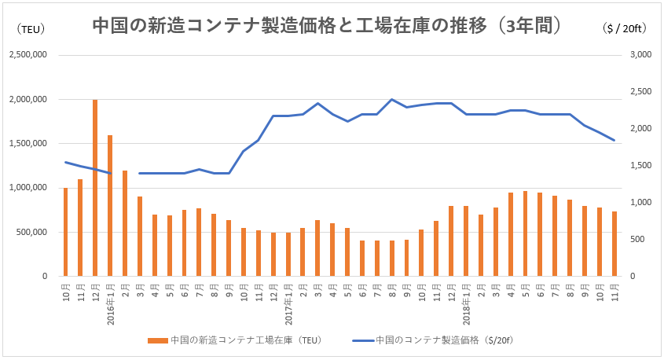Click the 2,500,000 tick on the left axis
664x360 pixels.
tap(28, 55)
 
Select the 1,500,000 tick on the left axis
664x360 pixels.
tap(28, 144)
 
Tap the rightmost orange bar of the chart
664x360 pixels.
tap(614, 244)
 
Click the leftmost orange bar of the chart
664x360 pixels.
tap(65, 233)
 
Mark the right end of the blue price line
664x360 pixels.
tap(614, 140)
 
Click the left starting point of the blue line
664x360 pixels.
tap(65, 162)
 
